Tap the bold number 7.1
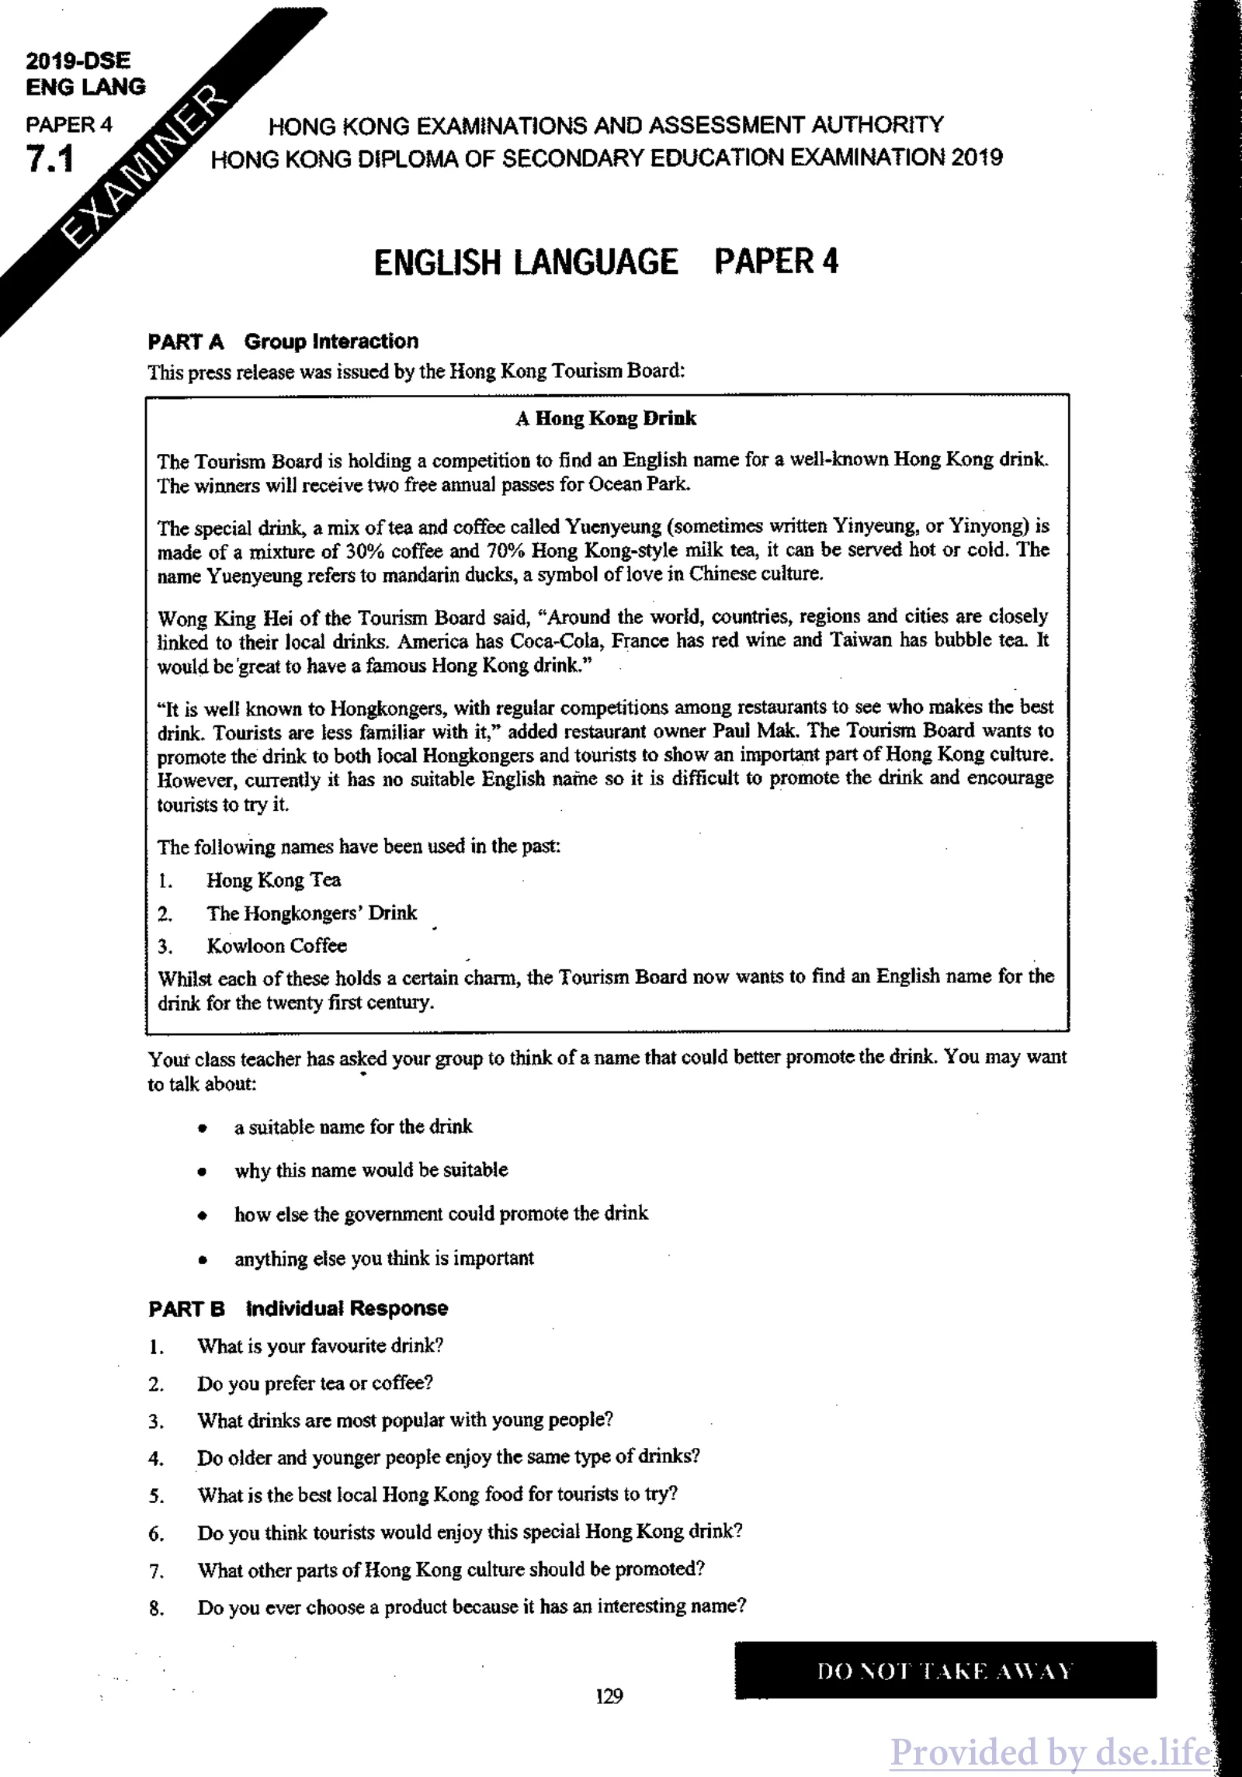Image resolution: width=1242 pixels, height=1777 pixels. (50, 158)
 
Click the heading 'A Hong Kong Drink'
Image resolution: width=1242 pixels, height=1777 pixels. (606, 419)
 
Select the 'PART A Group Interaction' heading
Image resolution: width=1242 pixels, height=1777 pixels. (283, 341)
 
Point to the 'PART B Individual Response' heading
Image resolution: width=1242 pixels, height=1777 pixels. (298, 1308)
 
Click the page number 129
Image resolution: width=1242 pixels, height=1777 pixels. (609, 1696)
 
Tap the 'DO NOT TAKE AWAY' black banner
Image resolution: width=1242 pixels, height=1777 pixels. (945, 1671)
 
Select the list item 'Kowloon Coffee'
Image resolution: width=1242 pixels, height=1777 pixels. (276, 946)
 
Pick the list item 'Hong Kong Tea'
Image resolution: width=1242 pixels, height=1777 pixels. (273, 880)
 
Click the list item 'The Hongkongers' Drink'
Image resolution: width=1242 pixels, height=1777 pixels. (311, 913)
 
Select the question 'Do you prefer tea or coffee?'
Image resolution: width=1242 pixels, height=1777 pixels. (314, 1384)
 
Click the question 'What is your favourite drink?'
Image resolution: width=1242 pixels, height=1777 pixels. (320, 1346)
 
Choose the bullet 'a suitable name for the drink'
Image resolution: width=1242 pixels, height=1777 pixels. (353, 1127)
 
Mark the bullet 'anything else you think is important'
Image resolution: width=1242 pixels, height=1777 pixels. (384, 1259)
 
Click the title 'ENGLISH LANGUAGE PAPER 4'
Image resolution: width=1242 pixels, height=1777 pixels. (605, 262)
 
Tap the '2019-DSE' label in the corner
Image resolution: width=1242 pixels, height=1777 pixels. (78, 61)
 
